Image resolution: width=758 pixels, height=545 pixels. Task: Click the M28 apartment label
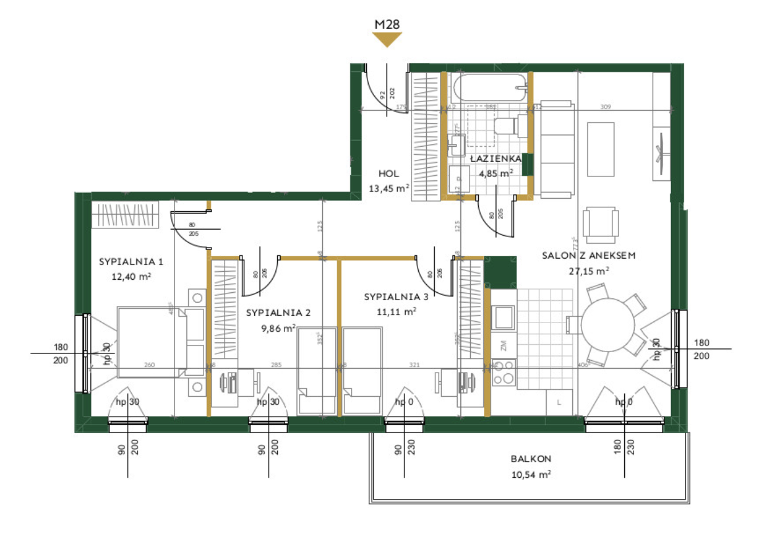pyautogui.click(x=387, y=24)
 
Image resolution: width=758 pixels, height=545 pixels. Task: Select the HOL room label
pyautogui.click(x=389, y=174)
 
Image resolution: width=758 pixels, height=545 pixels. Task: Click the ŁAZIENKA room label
pyautogui.click(x=496, y=159)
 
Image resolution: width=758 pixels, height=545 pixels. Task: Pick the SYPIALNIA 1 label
pyautogui.click(x=131, y=261)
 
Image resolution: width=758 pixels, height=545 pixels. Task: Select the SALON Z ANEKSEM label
pyautogui.click(x=588, y=255)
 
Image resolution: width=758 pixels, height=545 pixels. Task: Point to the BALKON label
pyautogui.click(x=531, y=459)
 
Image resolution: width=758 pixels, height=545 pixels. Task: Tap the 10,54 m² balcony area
pyautogui.click(x=531, y=474)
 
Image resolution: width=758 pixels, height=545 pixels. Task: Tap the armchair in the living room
pyautogui.click(x=601, y=224)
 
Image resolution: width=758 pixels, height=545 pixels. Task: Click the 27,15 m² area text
pyautogui.click(x=588, y=270)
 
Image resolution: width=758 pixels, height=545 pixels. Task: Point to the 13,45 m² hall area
pyautogui.click(x=389, y=188)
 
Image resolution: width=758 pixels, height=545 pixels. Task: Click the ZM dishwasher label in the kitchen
pyautogui.click(x=503, y=345)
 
